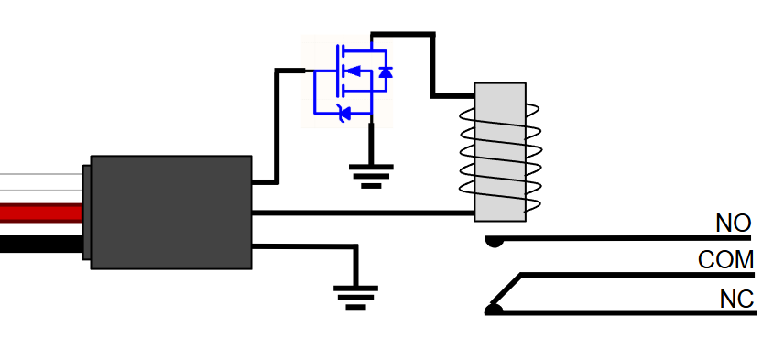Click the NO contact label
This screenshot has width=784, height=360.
pos(734,224)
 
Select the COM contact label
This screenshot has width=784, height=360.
pos(725,260)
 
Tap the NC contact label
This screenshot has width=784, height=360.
pos(736,299)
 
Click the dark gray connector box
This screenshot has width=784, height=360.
pos(171,213)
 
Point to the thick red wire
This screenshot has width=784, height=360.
pos(41,213)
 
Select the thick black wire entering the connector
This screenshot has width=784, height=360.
pos(41,244)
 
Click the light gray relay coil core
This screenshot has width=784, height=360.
pos(500,152)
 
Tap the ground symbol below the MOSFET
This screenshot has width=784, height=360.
pos(371,177)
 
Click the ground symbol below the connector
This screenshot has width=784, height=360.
pos(356,298)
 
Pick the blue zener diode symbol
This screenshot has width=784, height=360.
pos(344,113)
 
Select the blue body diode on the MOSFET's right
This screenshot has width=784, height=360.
pos(385,71)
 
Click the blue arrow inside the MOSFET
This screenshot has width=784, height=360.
pos(353,71)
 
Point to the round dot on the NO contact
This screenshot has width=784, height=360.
pos(494,242)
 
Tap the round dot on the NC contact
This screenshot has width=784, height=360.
pos(494,310)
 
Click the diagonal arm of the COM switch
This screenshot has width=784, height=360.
pos(506,289)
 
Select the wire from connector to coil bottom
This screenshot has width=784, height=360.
pos(363,213)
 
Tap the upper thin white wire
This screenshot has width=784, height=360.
pos(41,174)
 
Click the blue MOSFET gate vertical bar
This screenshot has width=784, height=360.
pos(339,71)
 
